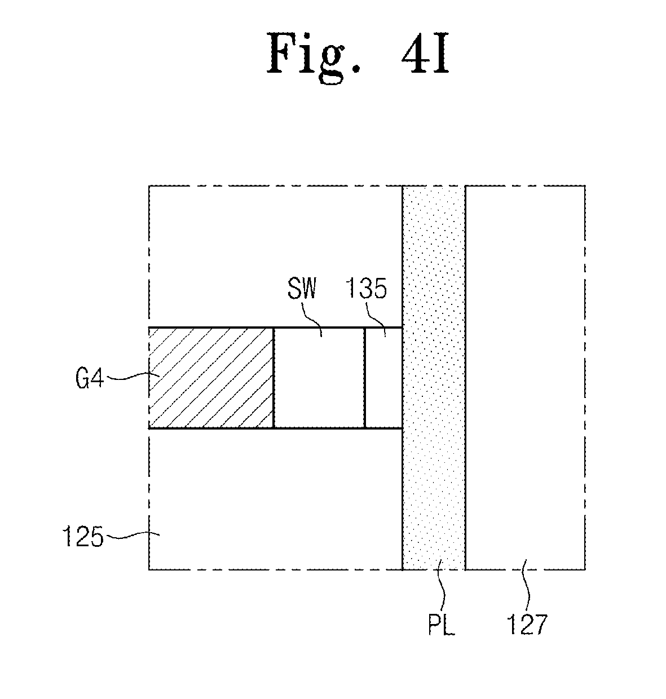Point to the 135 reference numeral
click(367, 290)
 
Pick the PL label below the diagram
click(441, 626)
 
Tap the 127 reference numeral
click(527, 625)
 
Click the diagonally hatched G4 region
click(211, 378)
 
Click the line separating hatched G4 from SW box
click(274, 378)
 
